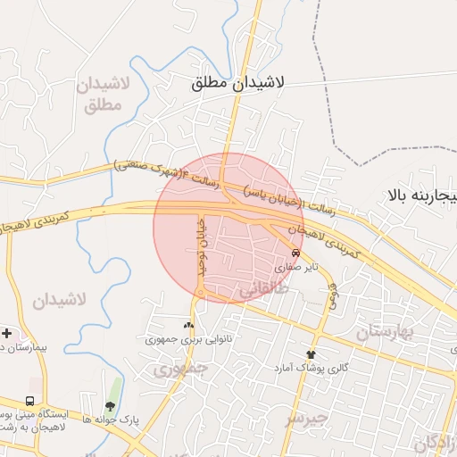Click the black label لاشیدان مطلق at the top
click(237, 82)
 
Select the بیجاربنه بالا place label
click(422, 194)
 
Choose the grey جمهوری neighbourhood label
click(179, 367)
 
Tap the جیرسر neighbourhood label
click(306, 417)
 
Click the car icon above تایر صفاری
click(296, 253)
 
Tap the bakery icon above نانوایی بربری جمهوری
click(188, 325)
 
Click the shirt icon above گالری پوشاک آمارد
click(312, 353)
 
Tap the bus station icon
click(30, 402)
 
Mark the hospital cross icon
click(6, 332)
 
